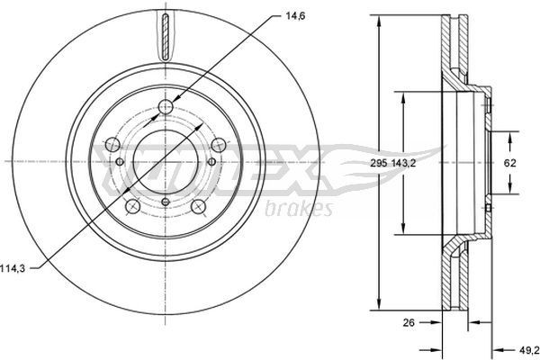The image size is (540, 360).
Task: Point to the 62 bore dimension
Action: (x=508, y=163)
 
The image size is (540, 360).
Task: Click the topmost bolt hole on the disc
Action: (x=164, y=109)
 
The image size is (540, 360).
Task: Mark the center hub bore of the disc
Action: (x=164, y=163)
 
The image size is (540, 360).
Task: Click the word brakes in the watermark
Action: (x=300, y=210)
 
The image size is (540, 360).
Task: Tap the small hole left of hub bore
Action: (x=120, y=163)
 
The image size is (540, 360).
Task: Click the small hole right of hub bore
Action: (x=211, y=162)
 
